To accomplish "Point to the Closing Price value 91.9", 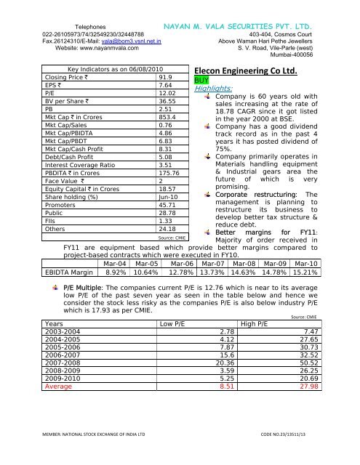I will coord(165,76).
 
